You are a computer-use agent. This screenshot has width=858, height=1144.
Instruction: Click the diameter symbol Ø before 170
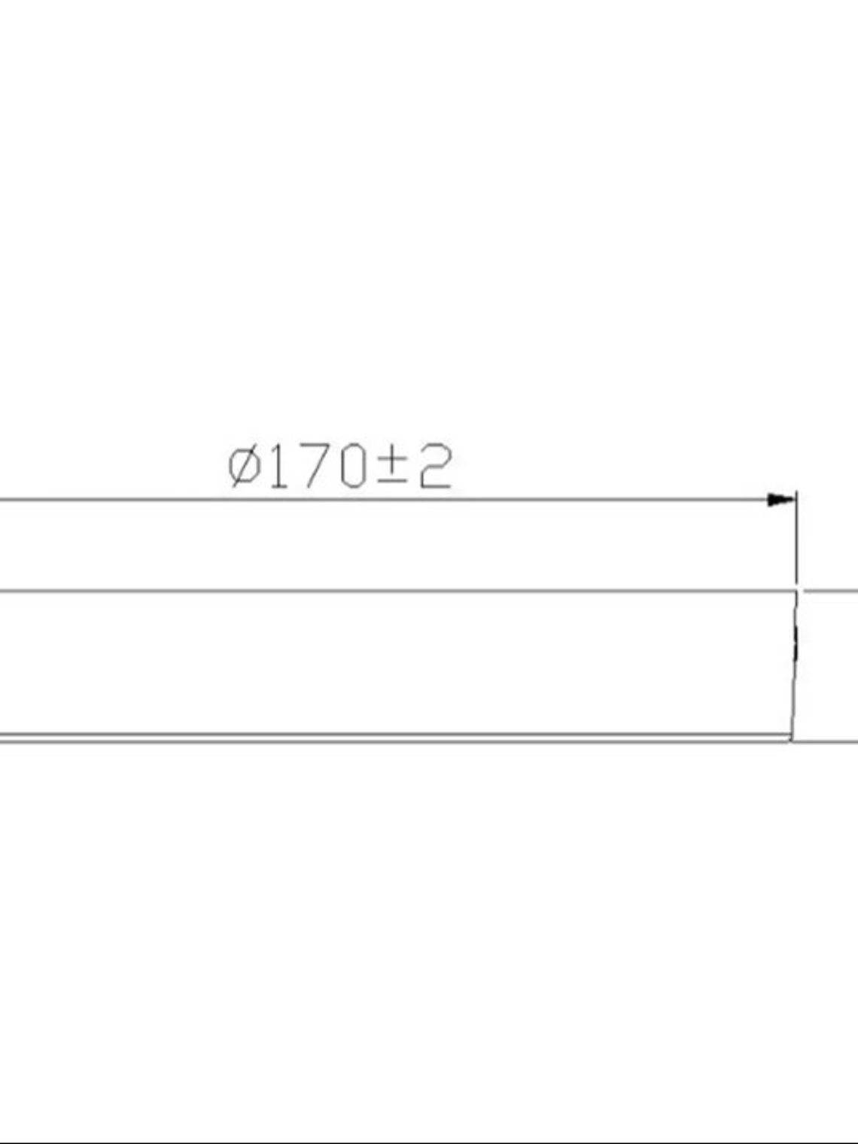245,467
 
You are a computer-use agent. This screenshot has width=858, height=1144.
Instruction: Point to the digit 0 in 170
351,467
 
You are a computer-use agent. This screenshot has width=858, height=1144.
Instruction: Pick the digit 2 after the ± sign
434,467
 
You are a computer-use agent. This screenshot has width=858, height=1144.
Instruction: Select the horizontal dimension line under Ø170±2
376,499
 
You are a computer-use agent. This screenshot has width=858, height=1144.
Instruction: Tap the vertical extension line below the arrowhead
796,542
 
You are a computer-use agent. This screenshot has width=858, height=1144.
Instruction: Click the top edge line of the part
376,591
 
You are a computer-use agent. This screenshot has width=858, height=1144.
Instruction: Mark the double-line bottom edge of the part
376,738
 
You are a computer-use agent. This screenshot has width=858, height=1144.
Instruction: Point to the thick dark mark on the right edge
796,640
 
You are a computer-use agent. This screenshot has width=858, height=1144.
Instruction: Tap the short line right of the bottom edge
828,741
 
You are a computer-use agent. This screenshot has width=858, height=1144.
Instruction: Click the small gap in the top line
800,591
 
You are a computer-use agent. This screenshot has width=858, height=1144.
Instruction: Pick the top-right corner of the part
796,592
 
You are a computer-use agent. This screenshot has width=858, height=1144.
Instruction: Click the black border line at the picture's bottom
429,1141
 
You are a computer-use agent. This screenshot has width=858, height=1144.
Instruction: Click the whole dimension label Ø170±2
340,467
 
